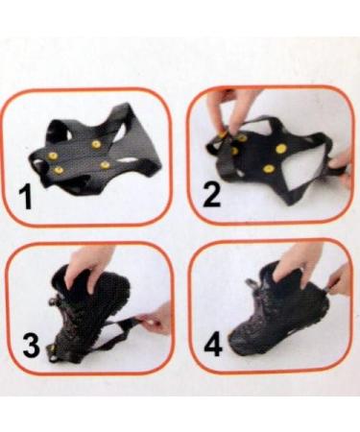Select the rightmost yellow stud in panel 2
[282, 150]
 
